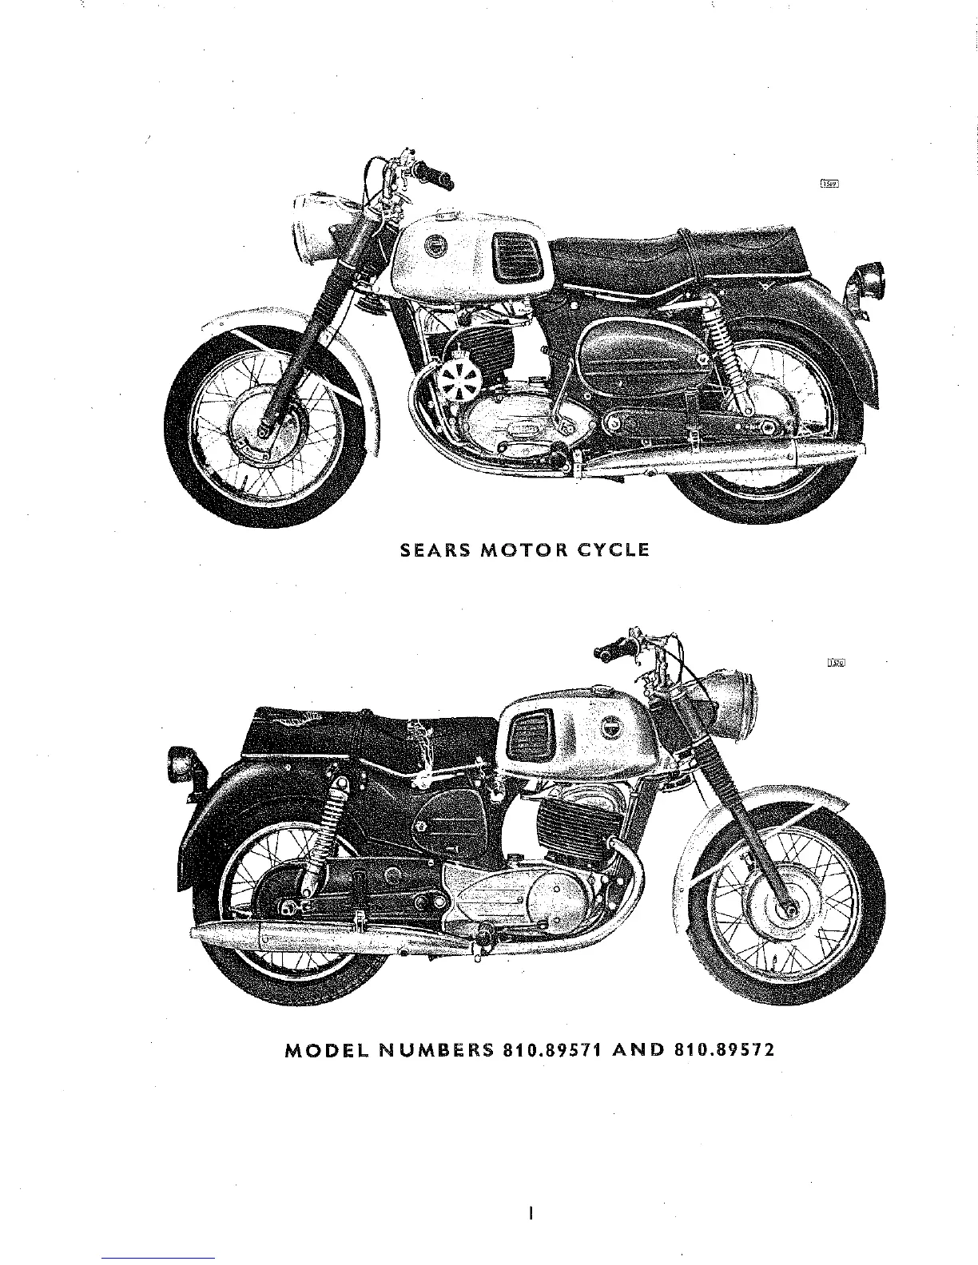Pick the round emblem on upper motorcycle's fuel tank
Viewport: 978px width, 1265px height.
(435, 244)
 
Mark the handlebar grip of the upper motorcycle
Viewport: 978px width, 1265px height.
(437, 175)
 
